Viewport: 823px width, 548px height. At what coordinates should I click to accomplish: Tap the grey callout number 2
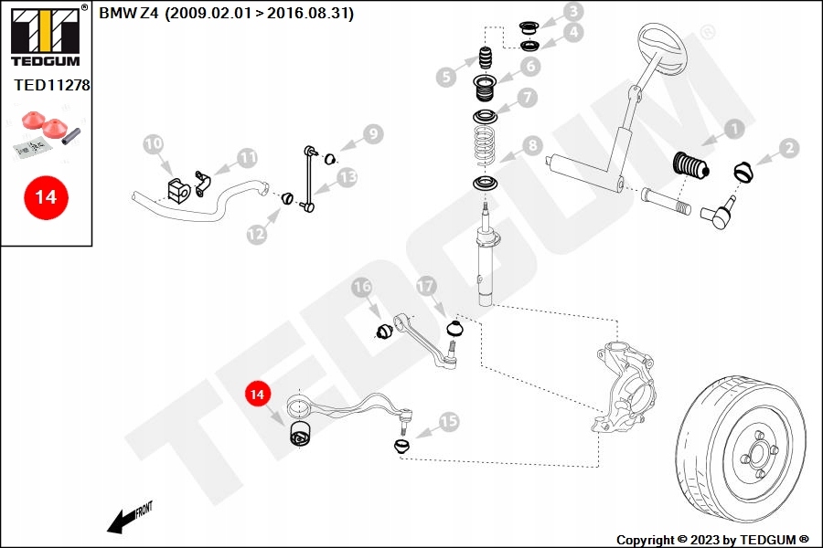coord(789,146)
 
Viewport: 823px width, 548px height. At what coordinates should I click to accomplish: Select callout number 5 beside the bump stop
coord(446,77)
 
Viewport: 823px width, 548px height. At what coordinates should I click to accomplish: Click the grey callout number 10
coord(153,143)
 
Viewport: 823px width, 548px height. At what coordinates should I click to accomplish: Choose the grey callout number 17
coord(425,286)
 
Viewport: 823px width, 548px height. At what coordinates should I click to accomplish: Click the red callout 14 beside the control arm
coord(258,394)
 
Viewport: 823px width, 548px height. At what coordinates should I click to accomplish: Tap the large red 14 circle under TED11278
coord(45,196)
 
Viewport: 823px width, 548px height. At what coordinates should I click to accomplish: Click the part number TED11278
coord(52,85)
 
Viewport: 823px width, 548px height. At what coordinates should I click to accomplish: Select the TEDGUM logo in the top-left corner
coord(44,37)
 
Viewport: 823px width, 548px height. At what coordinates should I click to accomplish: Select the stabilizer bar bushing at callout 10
coord(178,189)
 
